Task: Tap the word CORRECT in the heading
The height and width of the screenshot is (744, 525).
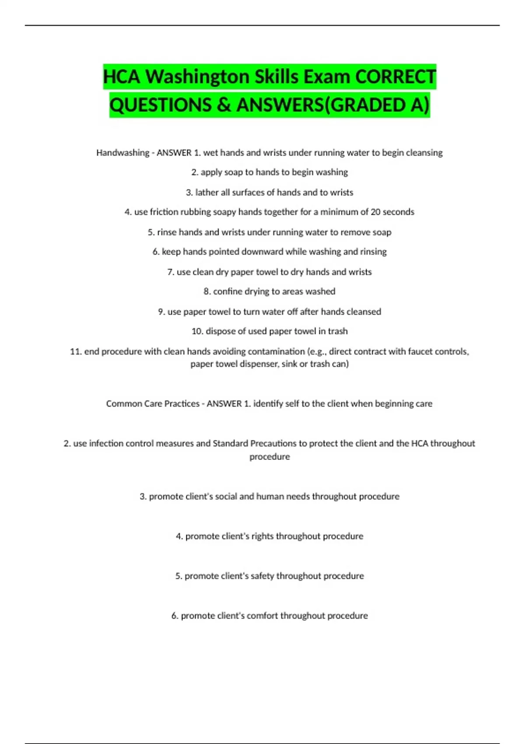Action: point(395,77)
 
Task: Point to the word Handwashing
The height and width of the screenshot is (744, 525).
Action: point(123,153)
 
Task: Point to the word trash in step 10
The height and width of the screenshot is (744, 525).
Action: point(337,331)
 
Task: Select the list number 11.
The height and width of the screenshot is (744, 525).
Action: point(76,351)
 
